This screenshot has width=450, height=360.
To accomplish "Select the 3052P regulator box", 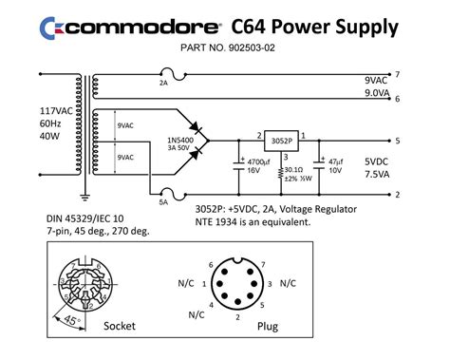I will (278, 139).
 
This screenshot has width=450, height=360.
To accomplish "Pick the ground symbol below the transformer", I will (84, 197).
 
